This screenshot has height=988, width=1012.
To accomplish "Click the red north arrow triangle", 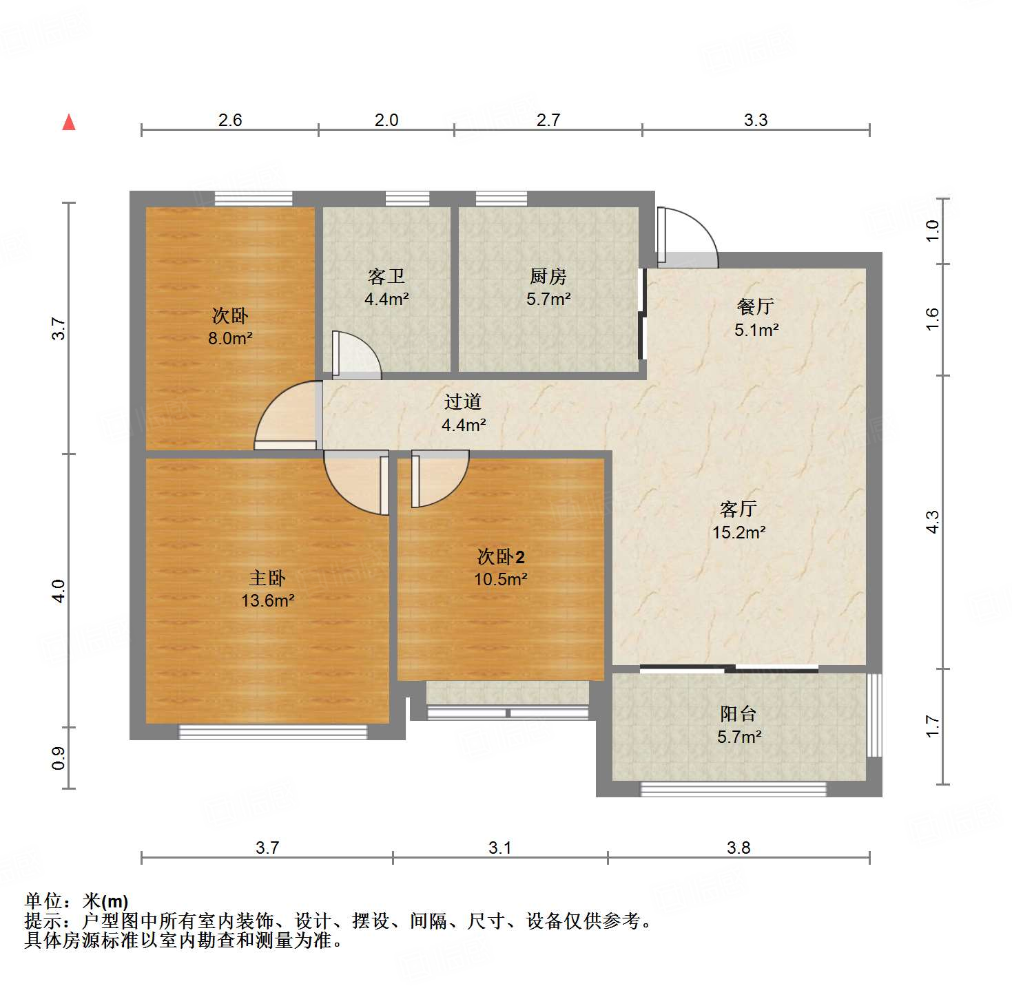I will pyautogui.click(x=69, y=123).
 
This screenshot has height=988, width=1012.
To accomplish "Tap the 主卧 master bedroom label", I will pyautogui.click(x=267, y=578).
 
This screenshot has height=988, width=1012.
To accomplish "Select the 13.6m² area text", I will pyautogui.click(x=267, y=600).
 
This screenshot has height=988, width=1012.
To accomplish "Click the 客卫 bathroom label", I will pyautogui.click(x=386, y=277).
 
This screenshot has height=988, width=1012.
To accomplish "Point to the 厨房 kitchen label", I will pyautogui.click(x=548, y=277).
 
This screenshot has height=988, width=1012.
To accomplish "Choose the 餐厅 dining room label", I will pyautogui.click(x=756, y=307).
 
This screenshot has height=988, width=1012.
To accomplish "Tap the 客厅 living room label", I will pyautogui.click(x=739, y=509).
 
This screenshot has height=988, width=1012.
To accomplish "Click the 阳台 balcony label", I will pyautogui.click(x=739, y=714).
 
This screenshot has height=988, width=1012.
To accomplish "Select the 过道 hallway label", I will pyautogui.click(x=463, y=402).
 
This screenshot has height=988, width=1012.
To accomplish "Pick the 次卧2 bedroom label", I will pyautogui.click(x=501, y=556).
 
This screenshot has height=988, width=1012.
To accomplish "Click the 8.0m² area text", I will pyautogui.click(x=230, y=338).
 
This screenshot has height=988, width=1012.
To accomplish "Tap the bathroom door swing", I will pyautogui.click(x=356, y=355).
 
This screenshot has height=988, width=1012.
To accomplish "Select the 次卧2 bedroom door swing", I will pyautogui.click(x=439, y=479).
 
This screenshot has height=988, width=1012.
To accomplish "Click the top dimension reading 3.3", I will pyautogui.click(x=756, y=120).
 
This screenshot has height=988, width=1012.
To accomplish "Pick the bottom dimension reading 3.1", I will pyautogui.click(x=500, y=848).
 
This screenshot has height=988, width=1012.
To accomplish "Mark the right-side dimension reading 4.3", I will pyautogui.click(x=933, y=521).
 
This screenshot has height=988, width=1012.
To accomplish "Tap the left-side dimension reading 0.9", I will pyautogui.click(x=59, y=758).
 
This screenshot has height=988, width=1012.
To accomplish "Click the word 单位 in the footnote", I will pyautogui.click(x=43, y=901).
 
